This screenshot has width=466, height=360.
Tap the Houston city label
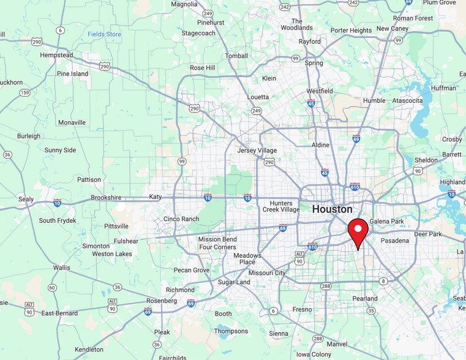(x=332, y=209)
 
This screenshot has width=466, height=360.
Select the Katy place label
(x=155, y=197)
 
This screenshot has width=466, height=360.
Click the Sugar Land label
(x=234, y=282)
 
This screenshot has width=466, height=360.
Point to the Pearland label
(x=365, y=298)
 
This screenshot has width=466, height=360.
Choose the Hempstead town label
(x=56, y=55)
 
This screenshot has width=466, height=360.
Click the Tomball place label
(x=236, y=56)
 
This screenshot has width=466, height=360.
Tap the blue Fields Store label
(x=104, y=34)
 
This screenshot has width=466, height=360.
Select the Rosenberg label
(x=162, y=301)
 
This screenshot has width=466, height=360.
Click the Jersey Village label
(x=257, y=151)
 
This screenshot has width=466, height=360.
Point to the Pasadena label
(x=394, y=241)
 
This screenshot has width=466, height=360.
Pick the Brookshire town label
(x=106, y=198)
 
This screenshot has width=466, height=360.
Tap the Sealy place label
(x=26, y=199)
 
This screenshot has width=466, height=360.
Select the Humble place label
(x=374, y=100)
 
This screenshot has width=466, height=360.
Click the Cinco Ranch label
(x=181, y=219)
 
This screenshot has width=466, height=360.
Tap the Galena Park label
(x=386, y=221)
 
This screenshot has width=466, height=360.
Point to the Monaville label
(x=72, y=122)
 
